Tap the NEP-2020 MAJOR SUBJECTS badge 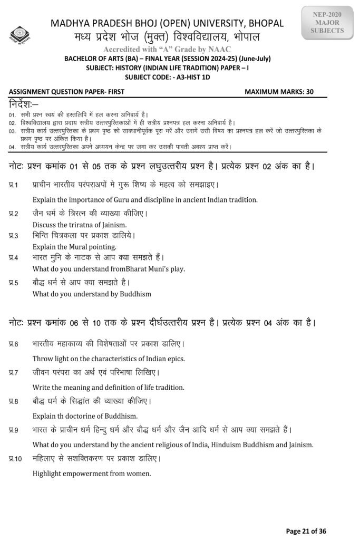(329, 23)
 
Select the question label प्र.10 (16, 459)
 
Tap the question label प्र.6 (14, 344)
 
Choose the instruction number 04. (12, 146)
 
